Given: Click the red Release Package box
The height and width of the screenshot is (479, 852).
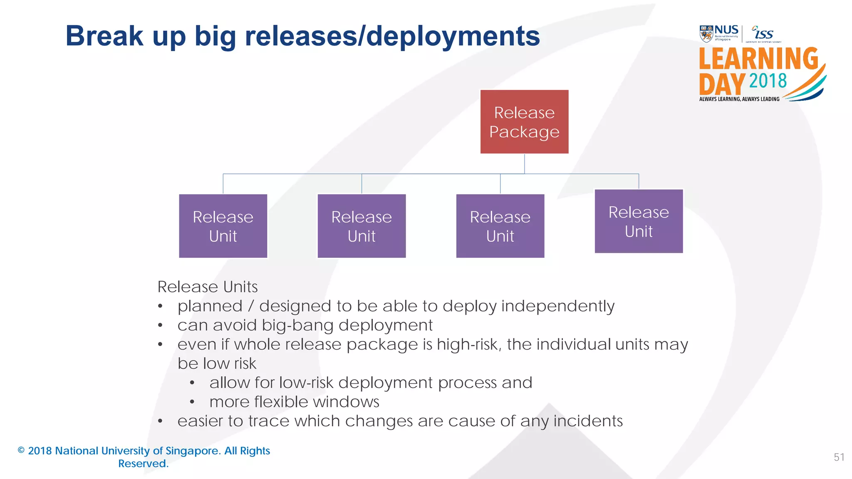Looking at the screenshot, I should pyautogui.click(x=524, y=122).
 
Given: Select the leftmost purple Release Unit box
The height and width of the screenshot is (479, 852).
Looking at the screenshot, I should pyautogui.click(x=223, y=226).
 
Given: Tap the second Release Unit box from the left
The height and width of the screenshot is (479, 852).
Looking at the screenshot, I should pyautogui.click(x=362, y=226).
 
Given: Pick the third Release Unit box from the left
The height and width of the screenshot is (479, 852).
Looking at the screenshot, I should pyautogui.click(x=500, y=226).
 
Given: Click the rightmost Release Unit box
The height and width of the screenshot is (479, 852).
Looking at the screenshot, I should pyautogui.click(x=639, y=221).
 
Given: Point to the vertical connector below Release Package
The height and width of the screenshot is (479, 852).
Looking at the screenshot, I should pyautogui.click(x=524, y=163).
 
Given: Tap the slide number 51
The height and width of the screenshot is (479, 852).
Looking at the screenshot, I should pyautogui.click(x=839, y=457).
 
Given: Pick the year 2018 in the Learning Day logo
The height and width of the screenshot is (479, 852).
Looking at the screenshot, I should pyautogui.click(x=768, y=81).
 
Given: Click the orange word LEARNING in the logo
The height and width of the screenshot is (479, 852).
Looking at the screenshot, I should pyautogui.click(x=758, y=59).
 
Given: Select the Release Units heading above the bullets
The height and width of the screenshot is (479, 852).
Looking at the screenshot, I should pyautogui.click(x=207, y=287).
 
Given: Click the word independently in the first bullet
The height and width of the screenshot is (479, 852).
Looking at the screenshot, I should pyautogui.click(x=557, y=306).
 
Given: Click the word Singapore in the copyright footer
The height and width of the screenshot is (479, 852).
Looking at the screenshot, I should pyautogui.click(x=192, y=451).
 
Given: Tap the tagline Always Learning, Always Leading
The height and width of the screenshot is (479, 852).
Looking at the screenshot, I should pyautogui.click(x=739, y=99).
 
